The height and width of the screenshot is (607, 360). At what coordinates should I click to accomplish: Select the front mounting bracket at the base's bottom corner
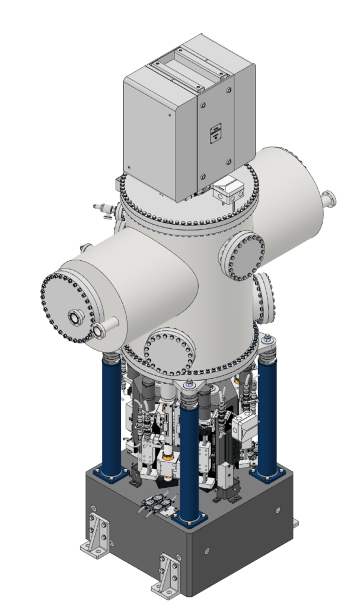(167, 575)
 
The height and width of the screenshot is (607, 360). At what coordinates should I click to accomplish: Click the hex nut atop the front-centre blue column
(190, 389)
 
